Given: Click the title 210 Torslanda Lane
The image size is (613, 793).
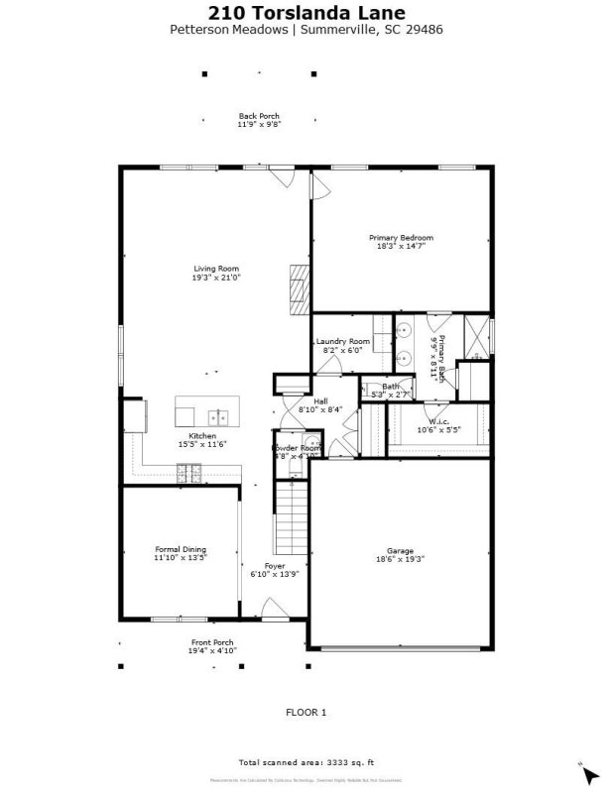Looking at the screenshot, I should pyautogui.click(x=306, y=13).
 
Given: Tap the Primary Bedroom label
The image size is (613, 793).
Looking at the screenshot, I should pyautogui.click(x=401, y=238).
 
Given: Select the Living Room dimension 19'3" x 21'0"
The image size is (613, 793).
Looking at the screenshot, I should pyautogui.click(x=216, y=279).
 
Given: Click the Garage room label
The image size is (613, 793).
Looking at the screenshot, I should pyautogui.click(x=400, y=551).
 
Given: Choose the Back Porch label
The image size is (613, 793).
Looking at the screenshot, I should pyautogui.click(x=259, y=116).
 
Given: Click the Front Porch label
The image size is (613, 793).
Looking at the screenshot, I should pyautogui.click(x=212, y=642).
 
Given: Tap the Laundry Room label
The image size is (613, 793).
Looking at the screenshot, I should pyautogui.click(x=342, y=341).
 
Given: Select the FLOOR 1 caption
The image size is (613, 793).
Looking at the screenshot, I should pyautogui.click(x=306, y=712).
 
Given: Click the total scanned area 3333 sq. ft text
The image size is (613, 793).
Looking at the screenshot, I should pyautogui.click(x=306, y=762).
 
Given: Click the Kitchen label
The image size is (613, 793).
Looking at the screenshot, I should pyautogui.click(x=202, y=436).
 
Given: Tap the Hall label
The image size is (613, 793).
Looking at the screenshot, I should pyautogui.click(x=320, y=400).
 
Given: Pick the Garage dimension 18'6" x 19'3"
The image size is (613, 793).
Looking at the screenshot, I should pyautogui.click(x=400, y=560).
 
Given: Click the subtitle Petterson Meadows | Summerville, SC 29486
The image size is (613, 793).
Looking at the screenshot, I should pyautogui.click(x=306, y=30).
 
